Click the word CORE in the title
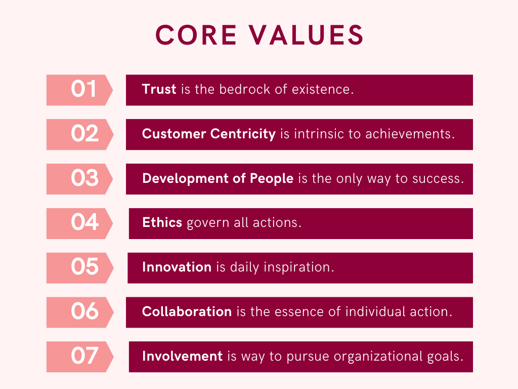196,35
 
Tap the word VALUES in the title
306,35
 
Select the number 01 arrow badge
79,90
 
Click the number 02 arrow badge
80,134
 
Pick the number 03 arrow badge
79,179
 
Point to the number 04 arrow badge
79,223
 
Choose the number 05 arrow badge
80,268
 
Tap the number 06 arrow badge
80,312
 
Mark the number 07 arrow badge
80,357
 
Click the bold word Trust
159,89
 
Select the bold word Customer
174,134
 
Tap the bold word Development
185,179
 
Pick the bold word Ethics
162,222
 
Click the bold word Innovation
177,267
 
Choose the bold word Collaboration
187,312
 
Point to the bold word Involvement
182,356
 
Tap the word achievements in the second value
410,134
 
